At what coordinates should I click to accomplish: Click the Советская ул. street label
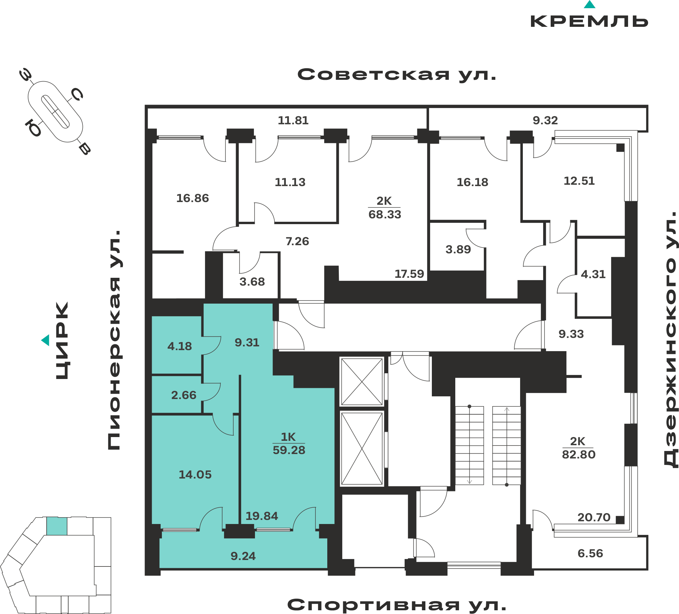tap(397, 75)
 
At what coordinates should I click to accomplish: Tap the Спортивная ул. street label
tap(397, 605)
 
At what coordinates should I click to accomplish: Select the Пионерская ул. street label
tap(114, 340)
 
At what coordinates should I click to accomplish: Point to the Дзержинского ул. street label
tap(671, 340)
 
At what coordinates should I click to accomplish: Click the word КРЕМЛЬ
tap(589, 21)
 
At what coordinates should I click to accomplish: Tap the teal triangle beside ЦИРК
tap(45, 340)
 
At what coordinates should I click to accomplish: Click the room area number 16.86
tap(192, 198)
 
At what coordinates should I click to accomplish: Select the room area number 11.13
tap(290, 182)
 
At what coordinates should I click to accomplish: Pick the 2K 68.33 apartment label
tap(385, 207)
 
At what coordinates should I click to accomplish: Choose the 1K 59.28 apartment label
tap(289, 443)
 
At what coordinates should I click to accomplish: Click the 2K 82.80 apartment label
tap(579, 448)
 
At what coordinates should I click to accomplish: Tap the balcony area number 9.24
tap(243, 556)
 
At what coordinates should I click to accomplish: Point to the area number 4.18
tap(180, 346)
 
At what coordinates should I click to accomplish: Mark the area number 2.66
tap(184, 395)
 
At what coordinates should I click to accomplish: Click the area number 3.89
tap(458, 250)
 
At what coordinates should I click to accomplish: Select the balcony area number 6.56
tap(590, 554)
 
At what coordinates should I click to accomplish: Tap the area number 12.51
tap(579, 181)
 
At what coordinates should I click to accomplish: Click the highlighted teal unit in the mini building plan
tap(57, 526)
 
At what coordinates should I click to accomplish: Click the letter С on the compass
tap(77, 94)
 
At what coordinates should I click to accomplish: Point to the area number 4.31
tap(593, 274)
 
